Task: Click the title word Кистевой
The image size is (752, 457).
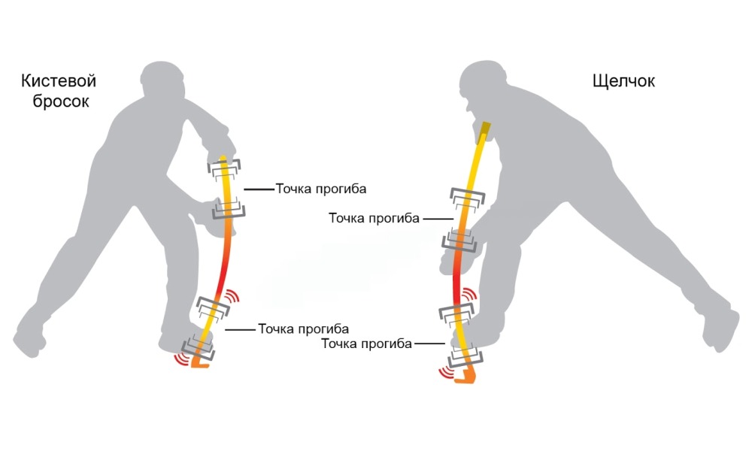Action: [x=59, y=80]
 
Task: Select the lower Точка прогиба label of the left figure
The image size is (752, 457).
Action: [x=303, y=329]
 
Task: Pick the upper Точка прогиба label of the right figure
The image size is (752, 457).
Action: [x=374, y=218]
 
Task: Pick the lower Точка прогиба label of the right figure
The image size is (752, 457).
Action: [x=366, y=344]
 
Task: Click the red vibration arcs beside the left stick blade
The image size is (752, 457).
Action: [x=180, y=359]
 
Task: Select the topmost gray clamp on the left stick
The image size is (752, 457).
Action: [x=224, y=166]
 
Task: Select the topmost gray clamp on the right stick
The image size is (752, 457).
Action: [x=467, y=197]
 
